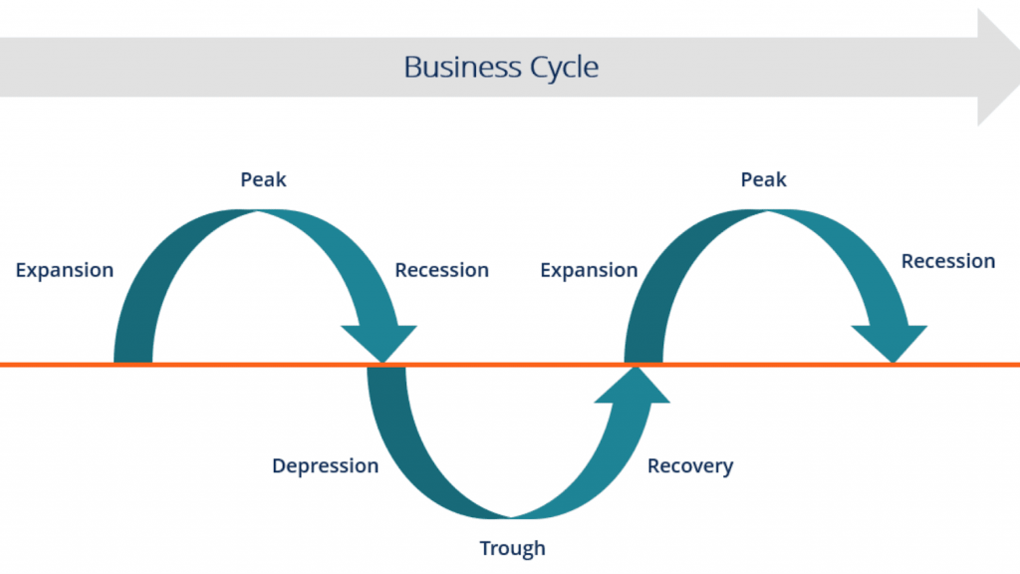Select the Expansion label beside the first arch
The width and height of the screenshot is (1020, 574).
pos(65,270)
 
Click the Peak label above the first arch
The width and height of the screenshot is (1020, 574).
pos(263,179)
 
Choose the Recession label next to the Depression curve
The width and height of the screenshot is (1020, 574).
pos(441,270)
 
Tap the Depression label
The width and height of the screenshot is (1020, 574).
pos(325,465)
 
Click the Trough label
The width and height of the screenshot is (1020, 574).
pos(512,548)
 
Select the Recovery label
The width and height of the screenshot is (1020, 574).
pos(689,465)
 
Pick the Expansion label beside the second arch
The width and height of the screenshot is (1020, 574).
pos(589,270)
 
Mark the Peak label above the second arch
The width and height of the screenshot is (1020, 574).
pos(763,179)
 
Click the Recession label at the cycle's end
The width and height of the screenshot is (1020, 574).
pos(947,261)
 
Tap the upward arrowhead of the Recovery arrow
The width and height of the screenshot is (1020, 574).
pos(635,385)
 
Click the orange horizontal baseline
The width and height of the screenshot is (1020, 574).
pos(199,365)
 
